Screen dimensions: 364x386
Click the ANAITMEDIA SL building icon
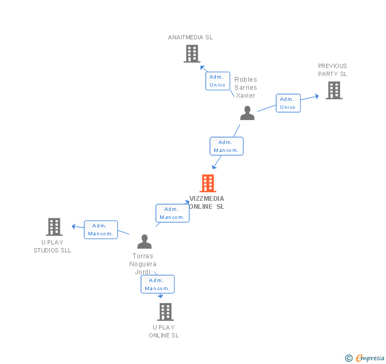[191, 54]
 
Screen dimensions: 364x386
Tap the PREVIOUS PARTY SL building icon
[334, 90]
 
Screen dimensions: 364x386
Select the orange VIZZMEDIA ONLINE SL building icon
[208, 183]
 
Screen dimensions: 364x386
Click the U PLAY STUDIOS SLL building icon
[54, 227]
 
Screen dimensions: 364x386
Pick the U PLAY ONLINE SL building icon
[165, 312]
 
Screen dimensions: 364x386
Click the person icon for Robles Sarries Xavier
[247, 113]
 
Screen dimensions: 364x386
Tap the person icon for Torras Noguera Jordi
[144, 242]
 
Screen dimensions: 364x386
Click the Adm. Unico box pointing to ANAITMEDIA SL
[217, 81]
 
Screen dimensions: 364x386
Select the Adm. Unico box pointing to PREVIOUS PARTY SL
[288, 103]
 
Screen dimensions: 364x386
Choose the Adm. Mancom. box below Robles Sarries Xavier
[226, 146]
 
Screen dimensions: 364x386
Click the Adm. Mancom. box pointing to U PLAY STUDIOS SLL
[101, 230]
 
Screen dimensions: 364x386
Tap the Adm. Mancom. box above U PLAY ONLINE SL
[157, 284]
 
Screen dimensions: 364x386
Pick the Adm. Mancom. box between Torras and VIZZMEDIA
[172, 213]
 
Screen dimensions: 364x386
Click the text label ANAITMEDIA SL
[190, 37]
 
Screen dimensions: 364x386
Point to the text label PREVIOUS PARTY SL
[332, 70]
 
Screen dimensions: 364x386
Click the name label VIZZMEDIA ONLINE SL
[207, 202]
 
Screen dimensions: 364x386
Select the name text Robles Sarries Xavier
[245, 88]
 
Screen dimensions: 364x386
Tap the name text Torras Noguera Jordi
[143, 264]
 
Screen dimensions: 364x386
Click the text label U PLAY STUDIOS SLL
[52, 246]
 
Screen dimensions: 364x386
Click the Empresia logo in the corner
[366, 358]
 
